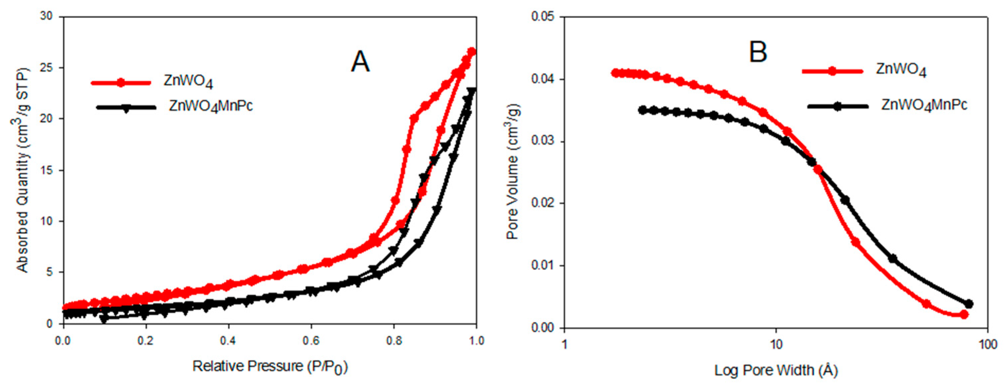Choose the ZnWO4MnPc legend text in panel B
(x=924, y=105)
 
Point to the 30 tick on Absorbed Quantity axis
(x=46, y=17)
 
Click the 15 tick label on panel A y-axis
(x=46, y=170)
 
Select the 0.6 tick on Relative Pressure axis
(x=311, y=341)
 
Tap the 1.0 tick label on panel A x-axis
(x=475, y=341)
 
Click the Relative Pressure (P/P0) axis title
(x=270, y=367)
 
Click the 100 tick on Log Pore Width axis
(x=987, y=345)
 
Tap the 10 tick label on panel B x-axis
(x=776, y=345)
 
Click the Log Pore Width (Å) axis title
(x=776, y=370)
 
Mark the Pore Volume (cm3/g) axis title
(x=513, y=171)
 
